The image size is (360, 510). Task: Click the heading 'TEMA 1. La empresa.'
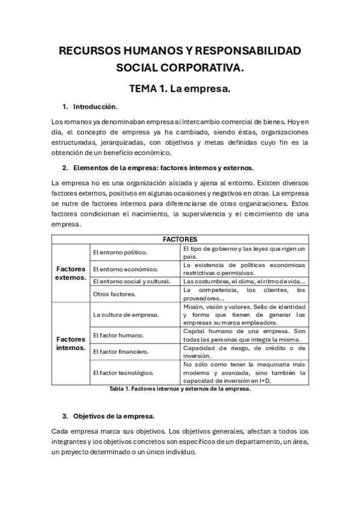(x=180, y=89)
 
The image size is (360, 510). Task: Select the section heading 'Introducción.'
(x=95, y=106)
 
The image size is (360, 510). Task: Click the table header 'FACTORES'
(x=180, y=239)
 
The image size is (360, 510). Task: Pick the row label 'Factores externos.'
(x=70, y=273)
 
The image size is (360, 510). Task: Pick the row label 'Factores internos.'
(x=70, y=343)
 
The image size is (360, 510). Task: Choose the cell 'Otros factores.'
(x=114, y=293)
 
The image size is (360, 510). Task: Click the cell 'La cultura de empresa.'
(x=126, y=314)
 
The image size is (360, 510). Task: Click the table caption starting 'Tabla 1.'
(x=180, y=389)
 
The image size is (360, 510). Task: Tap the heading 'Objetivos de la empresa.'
(x=114, y=416)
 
